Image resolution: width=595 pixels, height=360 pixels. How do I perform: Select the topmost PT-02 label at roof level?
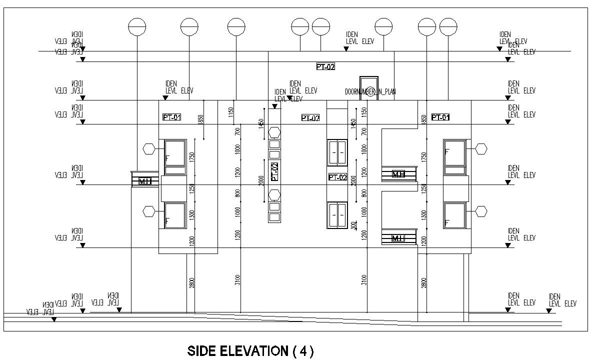tap(325, 66)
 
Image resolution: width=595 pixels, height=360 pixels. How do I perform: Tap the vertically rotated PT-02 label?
tap(274, 171)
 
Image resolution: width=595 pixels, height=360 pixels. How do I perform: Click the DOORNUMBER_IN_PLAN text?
tap(370, 91)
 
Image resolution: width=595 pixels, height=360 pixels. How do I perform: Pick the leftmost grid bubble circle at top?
tap(137, 26)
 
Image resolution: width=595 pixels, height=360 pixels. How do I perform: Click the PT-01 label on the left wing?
tap(172, 117)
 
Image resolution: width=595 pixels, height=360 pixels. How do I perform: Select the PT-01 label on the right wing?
tap(440, 117)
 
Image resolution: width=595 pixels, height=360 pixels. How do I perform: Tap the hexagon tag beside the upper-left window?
tap(149, 148)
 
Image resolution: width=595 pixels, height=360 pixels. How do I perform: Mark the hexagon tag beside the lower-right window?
tap(481, 211)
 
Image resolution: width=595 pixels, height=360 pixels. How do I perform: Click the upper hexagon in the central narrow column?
tap(274, 132)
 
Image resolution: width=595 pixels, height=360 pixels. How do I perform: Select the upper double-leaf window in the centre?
tap(337, 152)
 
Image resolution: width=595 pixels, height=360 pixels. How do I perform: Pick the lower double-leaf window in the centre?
tap(337, 215)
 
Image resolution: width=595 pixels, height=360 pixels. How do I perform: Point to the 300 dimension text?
tap(353, 224)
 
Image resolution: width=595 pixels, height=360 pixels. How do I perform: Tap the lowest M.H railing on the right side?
tap(398, 237)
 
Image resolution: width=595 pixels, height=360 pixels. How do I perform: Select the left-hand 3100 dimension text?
tap(237, 280)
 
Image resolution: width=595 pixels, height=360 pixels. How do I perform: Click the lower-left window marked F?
tap(174, 215)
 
